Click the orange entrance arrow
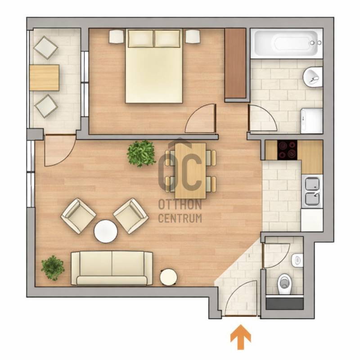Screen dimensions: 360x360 click(x=241, y=337)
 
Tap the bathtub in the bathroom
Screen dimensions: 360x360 click(x=287, y=43)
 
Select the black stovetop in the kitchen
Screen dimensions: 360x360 click(x=287, y=150)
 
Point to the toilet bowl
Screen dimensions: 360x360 click(x=285, y=283)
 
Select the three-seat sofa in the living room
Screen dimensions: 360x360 click(x=112, y=268)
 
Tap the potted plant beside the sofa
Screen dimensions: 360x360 click(x=53, y=268)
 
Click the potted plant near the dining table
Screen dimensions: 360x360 click(x=141, y=153)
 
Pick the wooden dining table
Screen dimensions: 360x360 click(x=190, y=171)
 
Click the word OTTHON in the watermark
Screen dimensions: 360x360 click(x=180, y=205)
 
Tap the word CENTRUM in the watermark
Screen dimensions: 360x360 click(x=180, y=218)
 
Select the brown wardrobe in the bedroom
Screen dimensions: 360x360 click(x=235, y=64)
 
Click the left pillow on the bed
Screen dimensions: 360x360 click(x=141, y=38)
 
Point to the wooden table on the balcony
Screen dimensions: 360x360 click(x=45, y=77)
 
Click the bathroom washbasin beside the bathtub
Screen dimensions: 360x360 click(x=313, y=77)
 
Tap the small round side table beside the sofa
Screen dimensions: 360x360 click(x=168, y=277)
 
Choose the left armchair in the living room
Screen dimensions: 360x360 click(x=78, y=216)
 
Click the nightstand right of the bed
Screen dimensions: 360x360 click(x=192, y=36)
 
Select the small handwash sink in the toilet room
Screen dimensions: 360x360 click(x=297, y=261)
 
